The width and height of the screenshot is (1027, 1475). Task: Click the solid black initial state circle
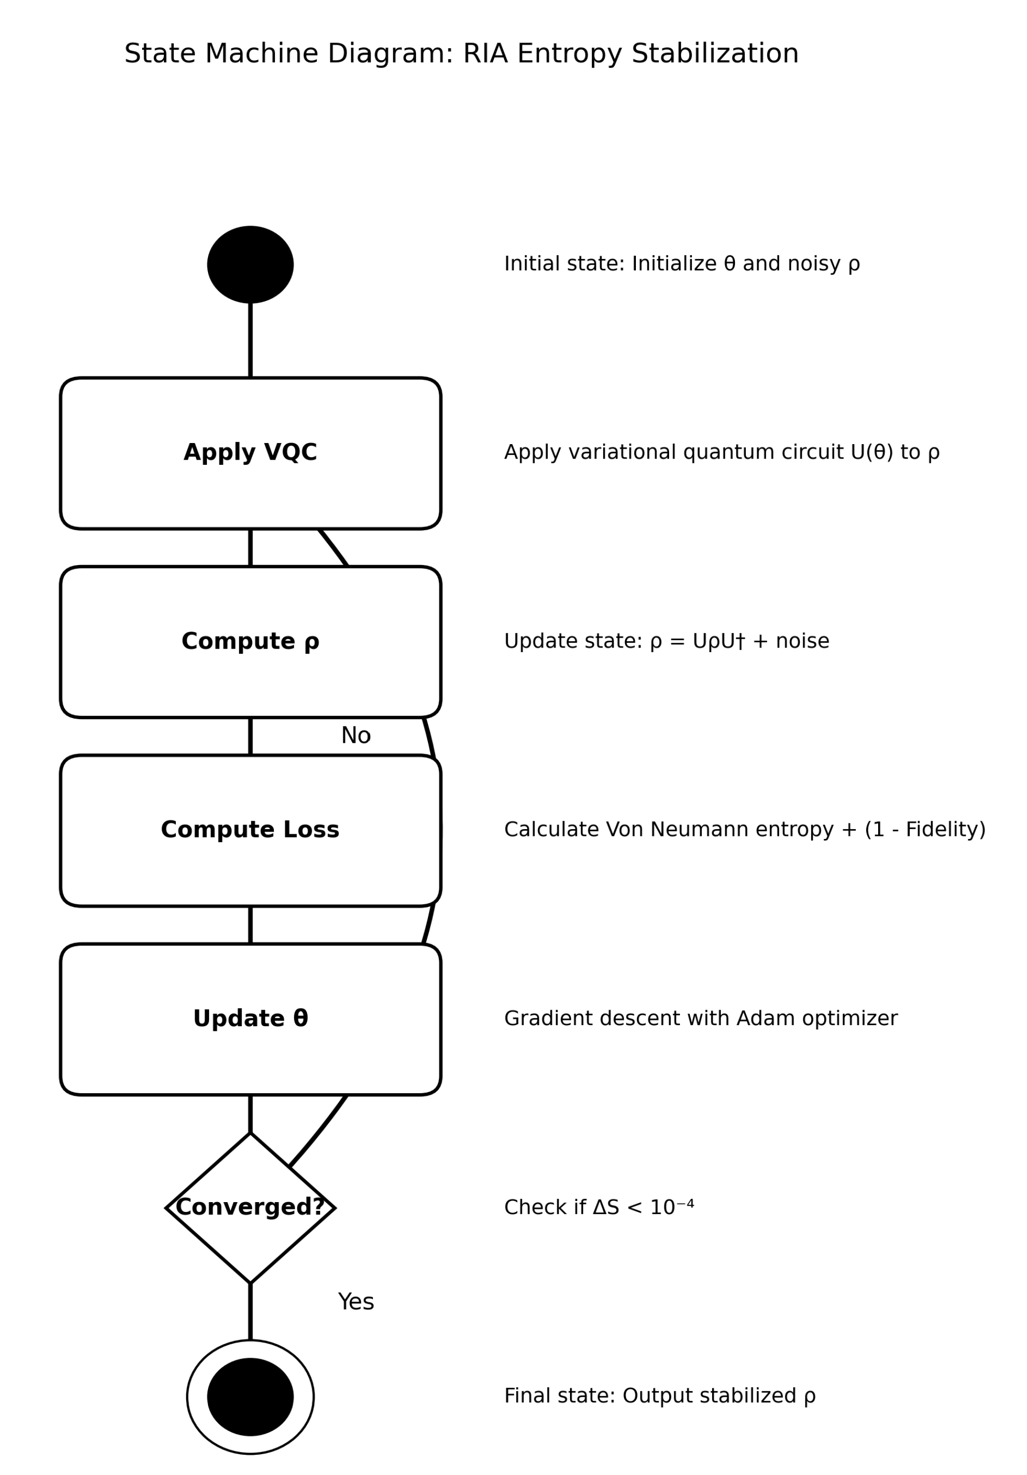tap(250, 264)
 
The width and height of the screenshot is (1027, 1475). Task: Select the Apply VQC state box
tap(250, 453)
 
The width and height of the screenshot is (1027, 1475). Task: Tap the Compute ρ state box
tap(250, 642)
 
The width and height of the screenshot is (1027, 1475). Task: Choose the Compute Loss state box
tap(250, 830)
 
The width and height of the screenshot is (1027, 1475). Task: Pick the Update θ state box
tap(250, 1019)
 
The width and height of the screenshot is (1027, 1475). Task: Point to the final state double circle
tap(250, 1397)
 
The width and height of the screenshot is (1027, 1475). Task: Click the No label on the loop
tap(355, 736)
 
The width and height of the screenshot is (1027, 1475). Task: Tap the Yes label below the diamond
tap(355, 1302)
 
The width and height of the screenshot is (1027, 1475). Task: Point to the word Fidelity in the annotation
tap(940, 830)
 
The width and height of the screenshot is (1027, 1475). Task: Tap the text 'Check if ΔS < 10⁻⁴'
tap(599, 1208)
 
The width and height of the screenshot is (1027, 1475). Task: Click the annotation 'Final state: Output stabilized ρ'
tap(659, 1396)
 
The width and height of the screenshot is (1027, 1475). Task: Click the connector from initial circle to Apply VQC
tap(250, 340)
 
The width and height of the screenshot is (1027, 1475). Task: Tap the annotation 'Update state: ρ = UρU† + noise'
tap(666, 641)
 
